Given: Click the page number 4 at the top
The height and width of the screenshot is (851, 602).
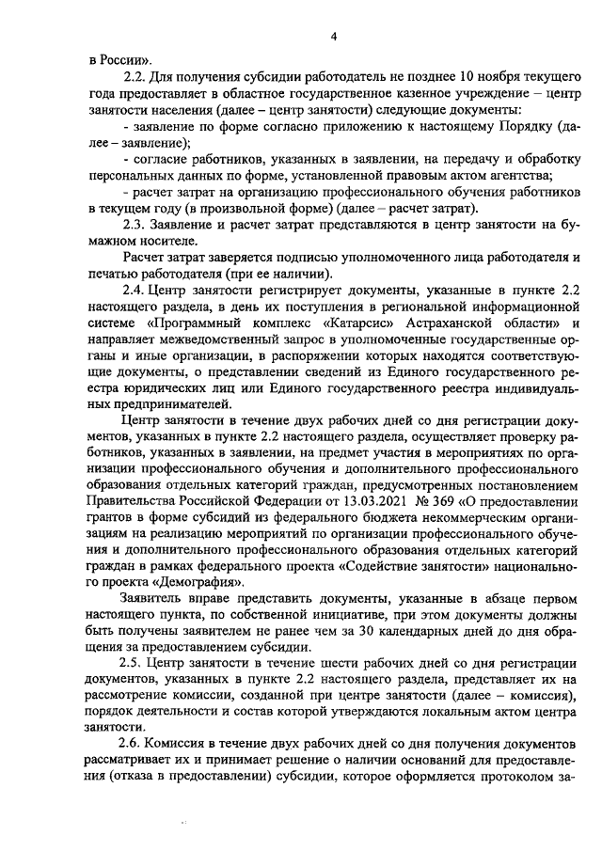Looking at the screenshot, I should pos(332,37).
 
